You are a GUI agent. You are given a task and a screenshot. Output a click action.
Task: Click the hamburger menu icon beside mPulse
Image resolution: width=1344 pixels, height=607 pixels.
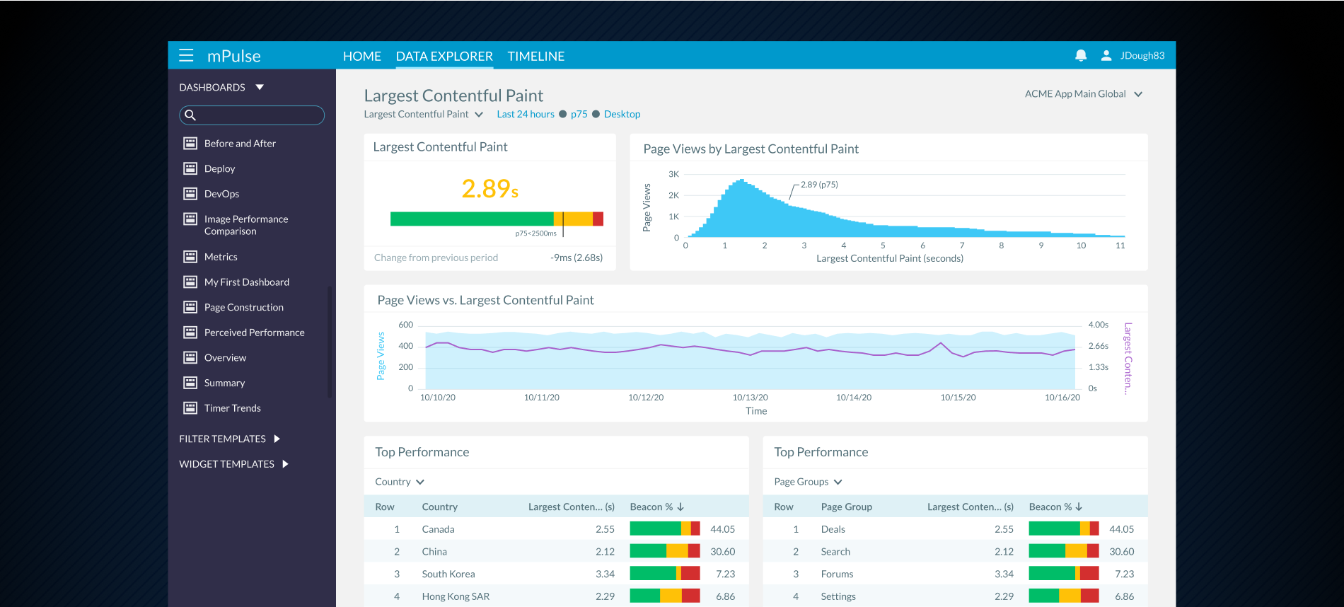point(186,56)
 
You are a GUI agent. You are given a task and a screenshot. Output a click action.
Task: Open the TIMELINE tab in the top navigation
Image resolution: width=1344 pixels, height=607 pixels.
point(535,56)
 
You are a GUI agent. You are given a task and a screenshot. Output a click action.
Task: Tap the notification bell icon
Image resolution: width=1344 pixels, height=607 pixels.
point(1080,55)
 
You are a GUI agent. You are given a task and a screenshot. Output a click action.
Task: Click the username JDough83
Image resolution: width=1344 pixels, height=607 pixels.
point(1142,55)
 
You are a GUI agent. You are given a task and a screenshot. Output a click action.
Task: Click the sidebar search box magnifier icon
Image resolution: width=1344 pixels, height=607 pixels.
point(190,115)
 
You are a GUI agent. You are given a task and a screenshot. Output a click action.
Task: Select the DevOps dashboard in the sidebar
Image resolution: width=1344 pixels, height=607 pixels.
point(221,194)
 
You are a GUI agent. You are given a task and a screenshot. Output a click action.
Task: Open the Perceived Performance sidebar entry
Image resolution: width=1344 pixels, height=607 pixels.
point(254,333)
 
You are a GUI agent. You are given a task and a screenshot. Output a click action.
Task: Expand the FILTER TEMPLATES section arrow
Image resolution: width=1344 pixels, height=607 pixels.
point(277,439)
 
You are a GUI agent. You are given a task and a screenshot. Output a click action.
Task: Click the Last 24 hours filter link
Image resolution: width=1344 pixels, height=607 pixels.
point(525,114)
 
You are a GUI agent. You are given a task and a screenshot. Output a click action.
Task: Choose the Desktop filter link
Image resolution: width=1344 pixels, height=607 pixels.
point(622,114)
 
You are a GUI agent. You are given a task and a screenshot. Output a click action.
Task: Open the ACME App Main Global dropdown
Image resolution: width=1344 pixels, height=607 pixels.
point(1083,94)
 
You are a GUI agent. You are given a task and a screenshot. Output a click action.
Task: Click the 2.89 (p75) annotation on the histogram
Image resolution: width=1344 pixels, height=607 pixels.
point(819,185)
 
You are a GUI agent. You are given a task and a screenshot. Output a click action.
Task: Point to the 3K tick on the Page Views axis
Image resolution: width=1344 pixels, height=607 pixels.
point(673,174)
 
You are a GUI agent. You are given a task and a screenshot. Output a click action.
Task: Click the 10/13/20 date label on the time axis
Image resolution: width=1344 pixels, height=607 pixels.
point(750,398)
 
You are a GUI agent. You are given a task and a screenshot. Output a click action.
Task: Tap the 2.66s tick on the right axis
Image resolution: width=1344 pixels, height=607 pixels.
point(1098,346)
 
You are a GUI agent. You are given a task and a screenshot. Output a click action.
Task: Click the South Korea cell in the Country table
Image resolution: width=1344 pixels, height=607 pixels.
point(448,574)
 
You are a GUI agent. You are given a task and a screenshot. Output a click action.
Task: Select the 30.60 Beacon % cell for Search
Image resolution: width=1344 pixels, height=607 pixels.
point(1121,552)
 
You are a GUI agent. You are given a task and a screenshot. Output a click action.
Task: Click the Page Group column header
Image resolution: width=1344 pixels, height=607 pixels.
point(846,507)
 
